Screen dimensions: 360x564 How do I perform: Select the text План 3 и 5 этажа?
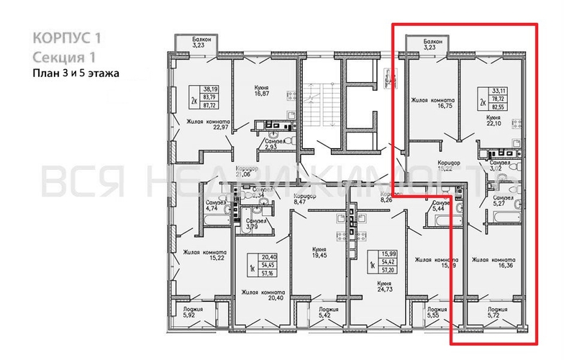(76, 72)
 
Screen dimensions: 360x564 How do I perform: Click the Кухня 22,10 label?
(493, 120)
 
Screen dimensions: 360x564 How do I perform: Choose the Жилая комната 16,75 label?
(432, 104)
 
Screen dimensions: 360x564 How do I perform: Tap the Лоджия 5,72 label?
(494, 312)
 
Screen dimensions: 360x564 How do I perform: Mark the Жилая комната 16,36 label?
(494, 264)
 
